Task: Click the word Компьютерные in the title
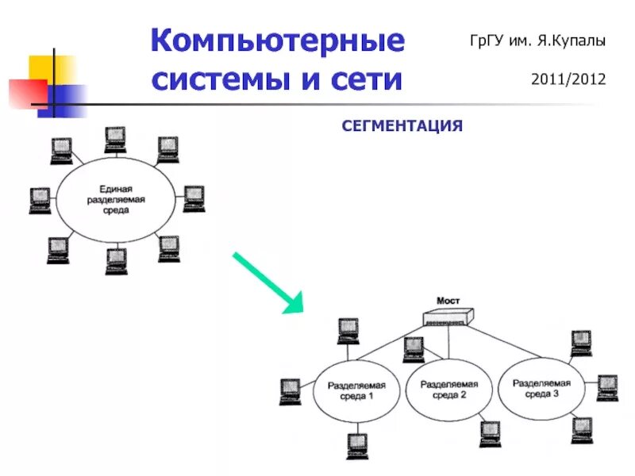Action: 278,41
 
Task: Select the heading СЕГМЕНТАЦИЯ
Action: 402,125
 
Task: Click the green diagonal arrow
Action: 267,281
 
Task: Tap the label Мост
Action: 449,301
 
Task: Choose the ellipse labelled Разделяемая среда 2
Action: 448,390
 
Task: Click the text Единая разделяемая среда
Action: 116,201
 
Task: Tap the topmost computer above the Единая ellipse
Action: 116,139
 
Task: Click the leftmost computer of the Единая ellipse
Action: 40,200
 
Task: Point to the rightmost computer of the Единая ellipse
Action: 194,198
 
